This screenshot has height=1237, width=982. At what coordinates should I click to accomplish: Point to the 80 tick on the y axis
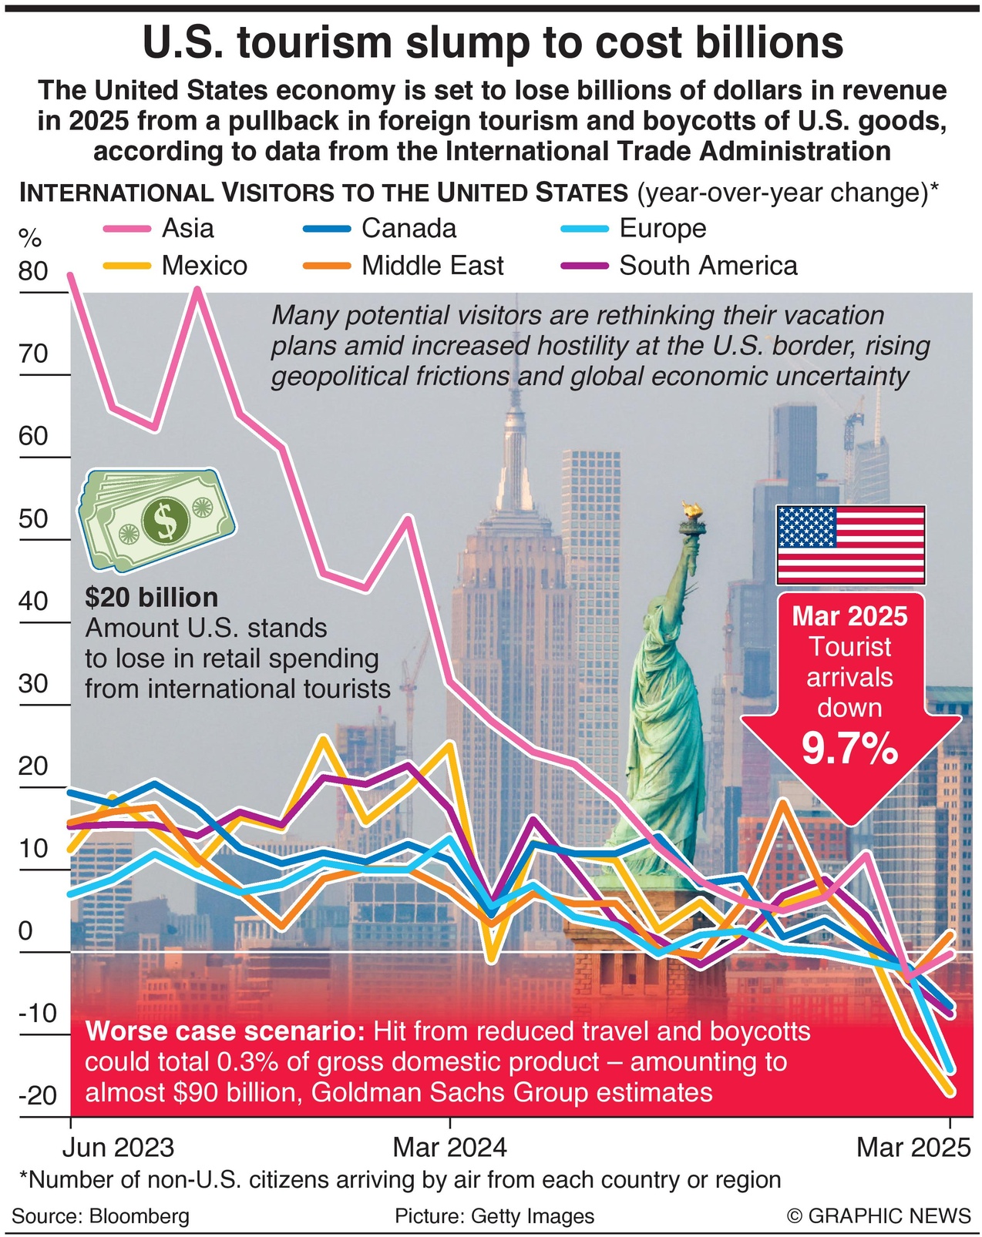33,271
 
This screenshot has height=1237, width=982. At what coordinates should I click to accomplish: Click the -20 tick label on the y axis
37,1095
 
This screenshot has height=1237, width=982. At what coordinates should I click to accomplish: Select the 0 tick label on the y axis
25,931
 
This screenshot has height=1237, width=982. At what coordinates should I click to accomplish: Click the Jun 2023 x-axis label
118,1148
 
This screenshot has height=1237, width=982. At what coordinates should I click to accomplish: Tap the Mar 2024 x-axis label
449,1148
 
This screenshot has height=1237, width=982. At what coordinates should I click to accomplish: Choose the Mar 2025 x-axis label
913,1148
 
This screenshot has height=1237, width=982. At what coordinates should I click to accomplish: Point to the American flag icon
850,545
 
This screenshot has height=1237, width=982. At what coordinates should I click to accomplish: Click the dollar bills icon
157,519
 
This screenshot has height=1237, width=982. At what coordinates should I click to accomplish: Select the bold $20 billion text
152,598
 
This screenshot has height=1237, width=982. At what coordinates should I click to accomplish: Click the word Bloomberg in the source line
140,1216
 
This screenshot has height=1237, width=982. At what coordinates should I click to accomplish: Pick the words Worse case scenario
224,1031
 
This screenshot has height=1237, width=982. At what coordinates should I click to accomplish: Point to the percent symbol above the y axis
30,238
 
